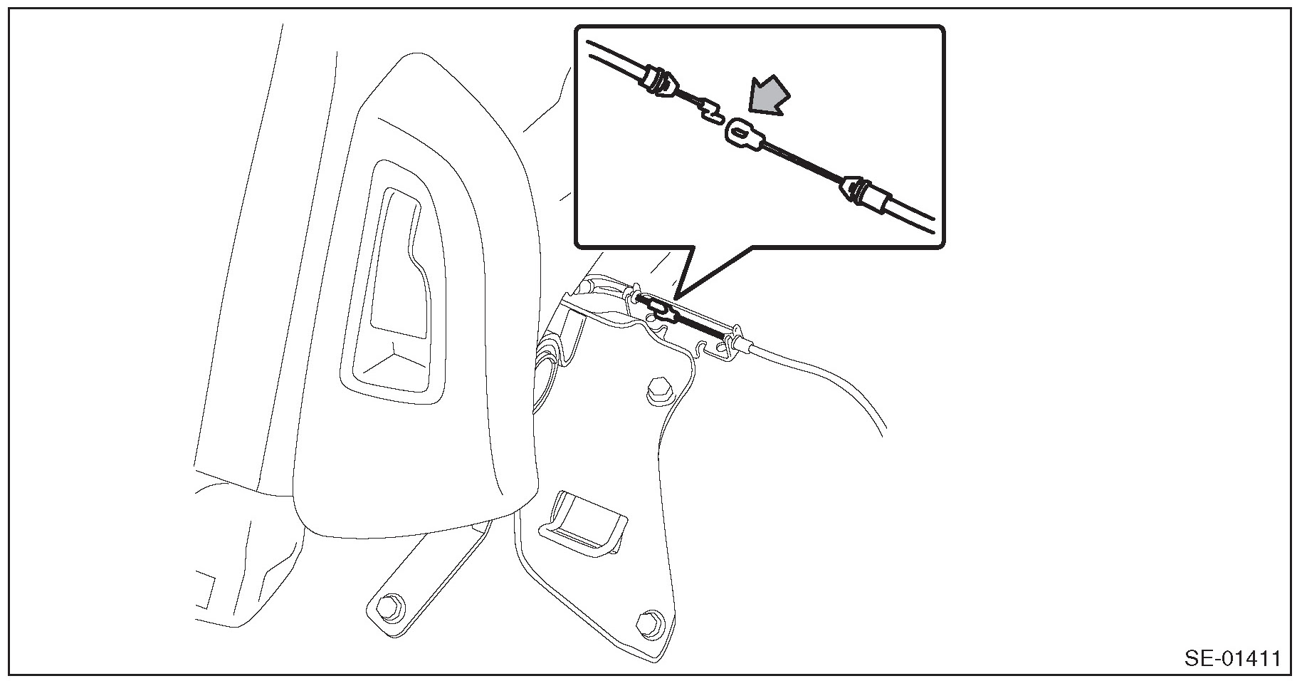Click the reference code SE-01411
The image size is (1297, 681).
click(x=1232, y=657)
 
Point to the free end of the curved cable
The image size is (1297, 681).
click(x=883, y=432)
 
